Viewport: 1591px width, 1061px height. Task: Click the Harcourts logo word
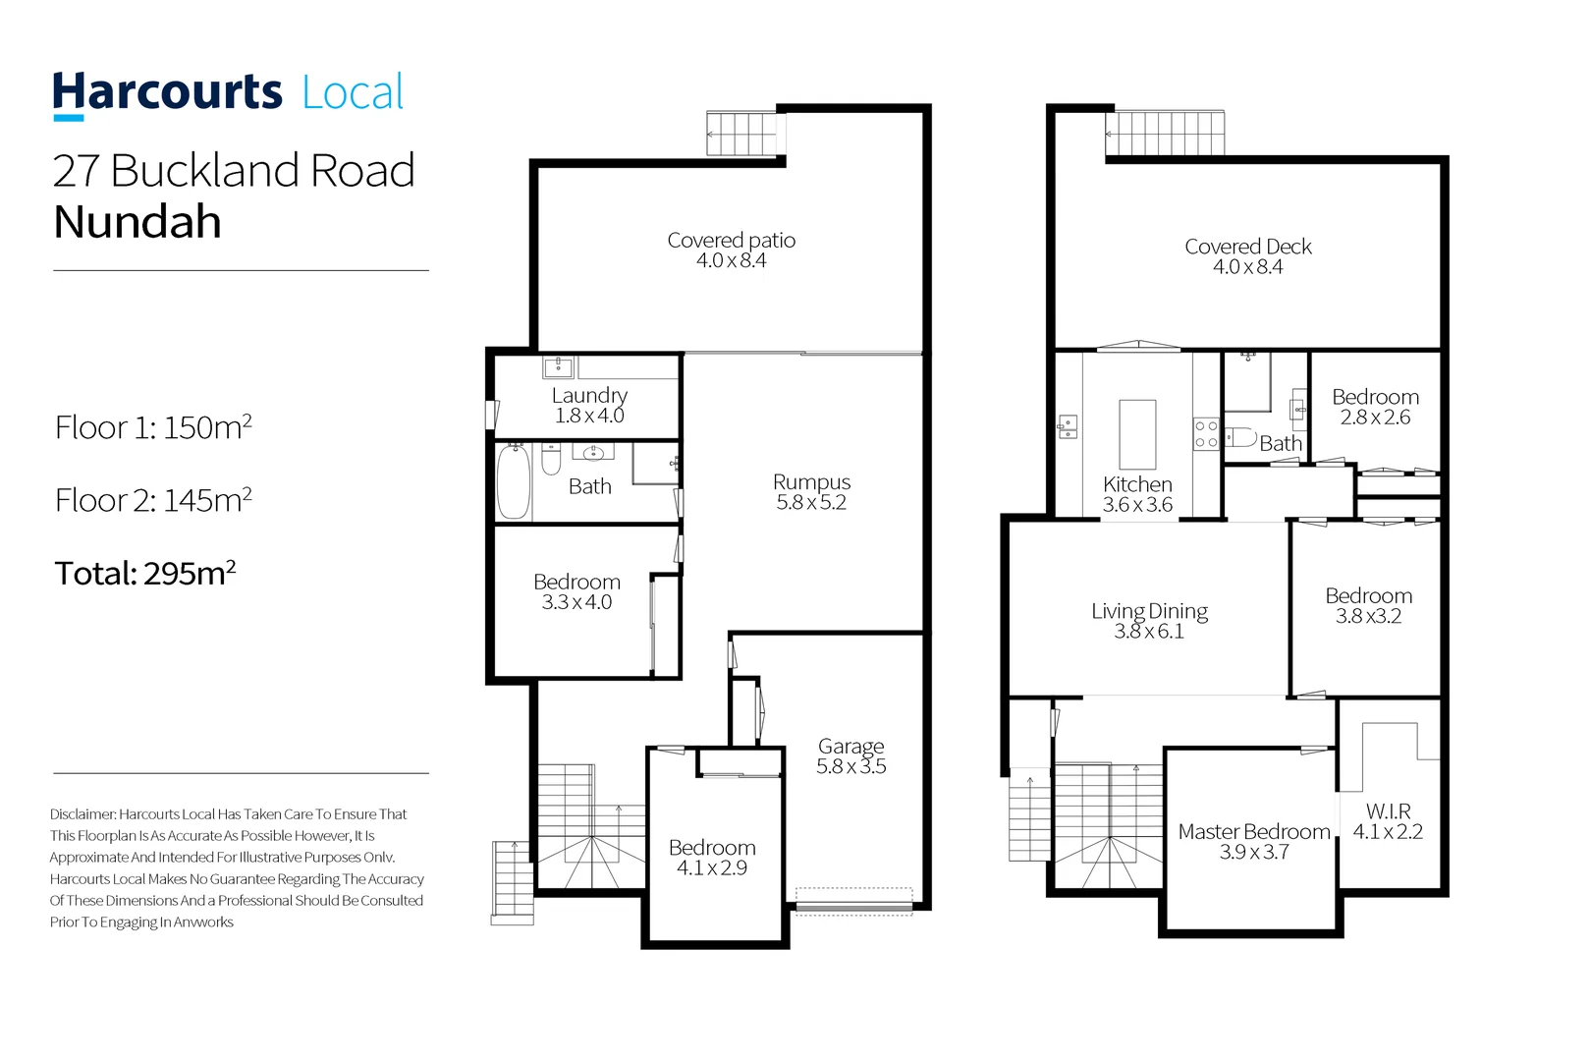pyautogui.click(x=167, y=92)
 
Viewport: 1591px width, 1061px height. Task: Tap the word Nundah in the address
pyautogui.click(x=137, y=222)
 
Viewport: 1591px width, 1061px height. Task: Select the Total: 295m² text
pyautogui.click(x=145, y=573)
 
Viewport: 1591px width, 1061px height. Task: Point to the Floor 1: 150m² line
pyautogui.click(x=153, y=427)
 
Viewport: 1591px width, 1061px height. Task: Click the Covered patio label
pyautogui.click(x=731, y=250)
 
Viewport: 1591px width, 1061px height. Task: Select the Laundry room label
pyautogui.click(x=588, y=404)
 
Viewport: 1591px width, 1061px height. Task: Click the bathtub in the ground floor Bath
pyautogui.click(x=513, y=481)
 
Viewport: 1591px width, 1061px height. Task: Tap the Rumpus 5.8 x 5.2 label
pyautogui.click(x=811, y=491)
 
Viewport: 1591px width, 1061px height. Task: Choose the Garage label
pyautogui.click(x=850, y=755)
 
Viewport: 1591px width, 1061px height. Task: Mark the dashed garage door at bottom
pyautogui.click(x=853, y=901)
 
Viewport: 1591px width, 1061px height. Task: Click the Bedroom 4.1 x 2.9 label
pyautogui.click(x=712, y=857)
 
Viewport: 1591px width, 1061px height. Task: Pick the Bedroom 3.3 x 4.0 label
pyautogui.click(x=576, y=591)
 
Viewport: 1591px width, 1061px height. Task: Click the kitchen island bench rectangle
pyautogui.click(x=1137, y=433)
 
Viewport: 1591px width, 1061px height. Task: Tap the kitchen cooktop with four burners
pyautogui.click(x=1206, y=434)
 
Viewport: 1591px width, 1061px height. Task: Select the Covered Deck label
pyautogui.click(x=1247, y=255)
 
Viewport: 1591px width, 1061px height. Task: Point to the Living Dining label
pyautogui.click(x=1149, y=620)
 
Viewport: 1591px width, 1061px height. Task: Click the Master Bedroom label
pyautogui.click(x=1254, y=841)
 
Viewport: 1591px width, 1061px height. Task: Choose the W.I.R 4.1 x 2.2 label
pyautogui.click(x=1388, y=820)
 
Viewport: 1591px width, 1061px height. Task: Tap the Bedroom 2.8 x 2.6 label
pyautogui.click(x=1375, y=406)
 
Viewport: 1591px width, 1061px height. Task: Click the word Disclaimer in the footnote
pyautogui.click(x=83, y=814)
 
